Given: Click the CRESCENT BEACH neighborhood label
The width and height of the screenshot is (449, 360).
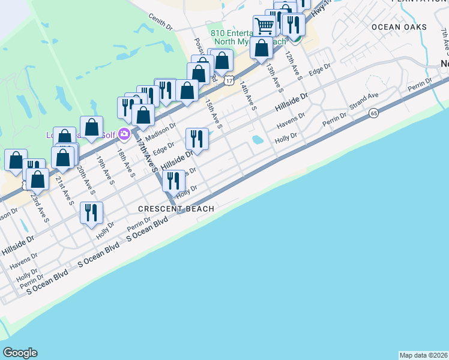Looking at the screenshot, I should coord(176,209).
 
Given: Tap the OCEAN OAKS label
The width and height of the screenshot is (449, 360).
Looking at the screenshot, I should coord(399,27).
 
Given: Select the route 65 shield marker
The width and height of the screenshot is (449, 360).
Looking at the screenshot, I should coord(373,113).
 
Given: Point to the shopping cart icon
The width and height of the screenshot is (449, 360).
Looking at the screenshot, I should coord(264,25).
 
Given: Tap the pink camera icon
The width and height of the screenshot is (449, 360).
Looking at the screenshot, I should coord(124,133).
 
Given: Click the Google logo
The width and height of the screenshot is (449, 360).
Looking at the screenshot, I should coord(20,353).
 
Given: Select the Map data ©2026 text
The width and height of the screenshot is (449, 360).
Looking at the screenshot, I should coord(423,355).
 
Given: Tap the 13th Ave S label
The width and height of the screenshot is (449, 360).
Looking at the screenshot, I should coord(275,77).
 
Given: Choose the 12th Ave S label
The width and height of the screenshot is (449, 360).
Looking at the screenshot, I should coord(293,65).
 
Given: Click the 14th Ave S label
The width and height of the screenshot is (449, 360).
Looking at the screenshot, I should coord(249,96).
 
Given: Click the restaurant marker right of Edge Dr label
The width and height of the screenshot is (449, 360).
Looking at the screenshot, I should coord(197,139).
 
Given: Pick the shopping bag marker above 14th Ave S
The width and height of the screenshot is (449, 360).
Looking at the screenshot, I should coord(261,48).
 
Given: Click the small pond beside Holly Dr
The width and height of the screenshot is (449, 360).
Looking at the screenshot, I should coord(258,140).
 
